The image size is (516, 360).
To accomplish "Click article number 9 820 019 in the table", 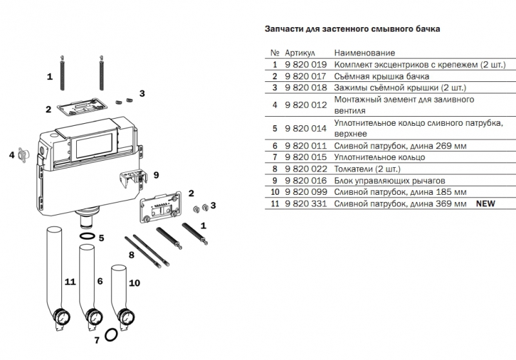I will [306, 65].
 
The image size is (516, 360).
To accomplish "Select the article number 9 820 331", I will [306, 204].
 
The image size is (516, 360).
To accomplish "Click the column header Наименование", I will [364, 53].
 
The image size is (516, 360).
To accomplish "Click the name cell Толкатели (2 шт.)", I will [366, 169].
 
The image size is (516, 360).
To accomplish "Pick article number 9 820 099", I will [306, 192].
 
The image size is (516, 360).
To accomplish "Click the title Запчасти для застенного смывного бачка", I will [353, 29].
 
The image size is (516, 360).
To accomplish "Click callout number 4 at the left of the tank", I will [12, 155].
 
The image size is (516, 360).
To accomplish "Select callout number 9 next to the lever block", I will [155, 174].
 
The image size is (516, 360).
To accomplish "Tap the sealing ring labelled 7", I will [112, 335].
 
